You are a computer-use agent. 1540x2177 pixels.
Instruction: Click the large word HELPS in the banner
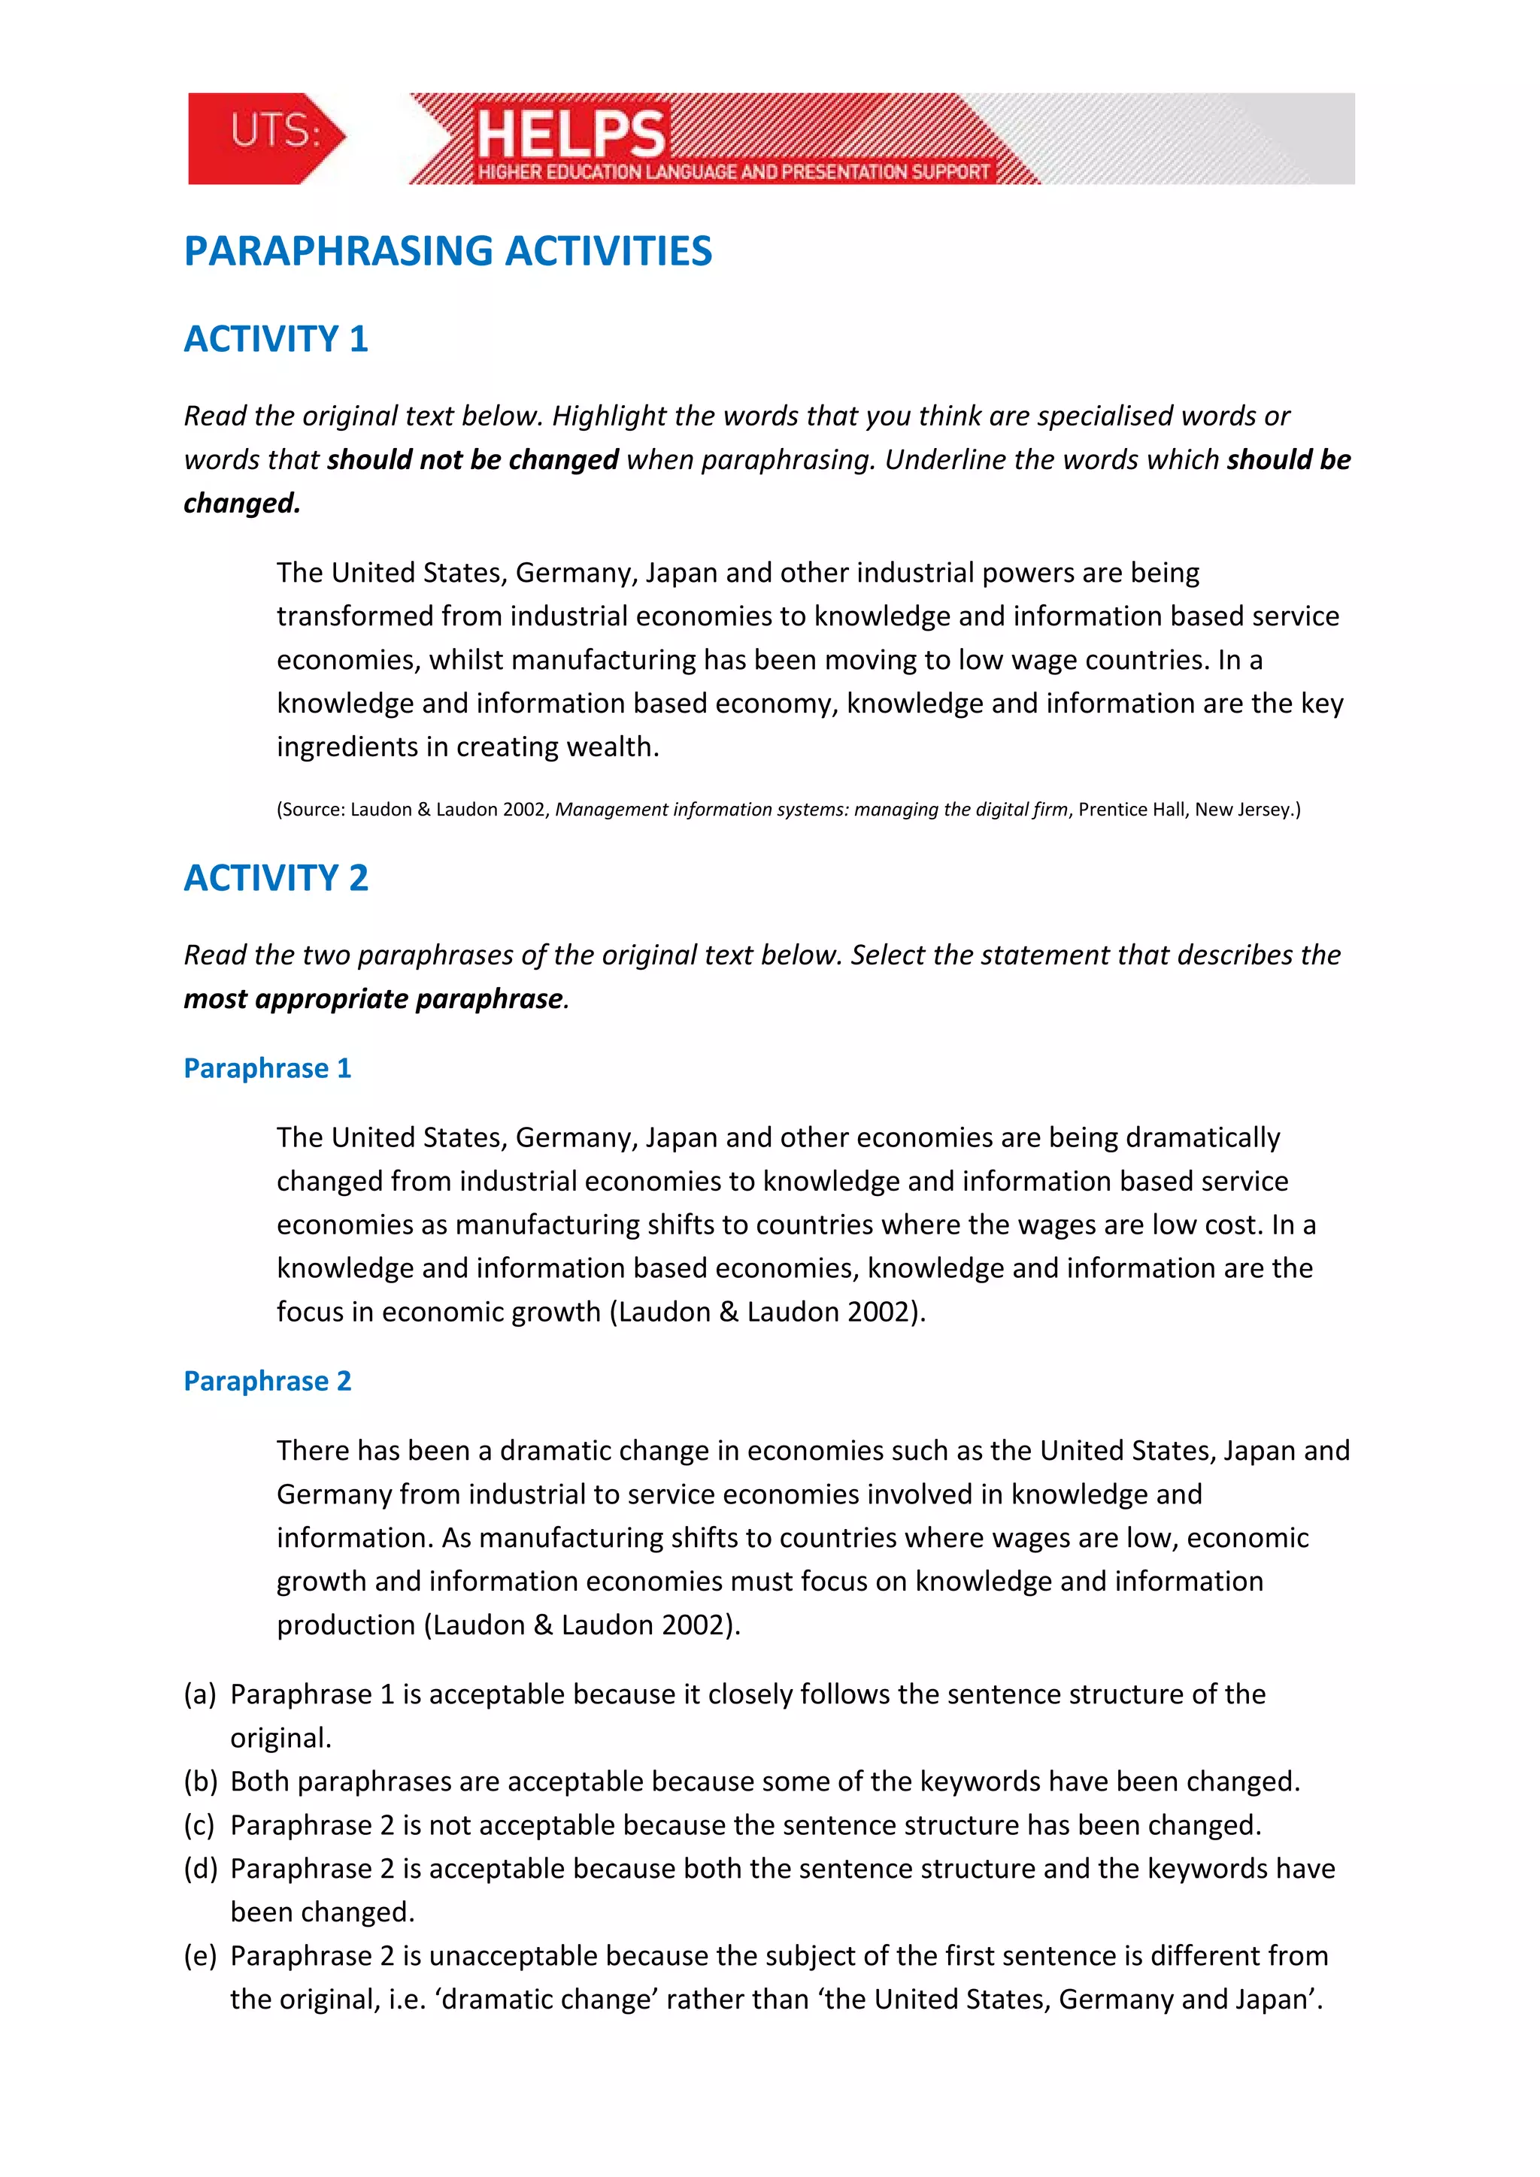coord(570,134)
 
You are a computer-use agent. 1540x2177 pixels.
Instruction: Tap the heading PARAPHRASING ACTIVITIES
coord(447,251)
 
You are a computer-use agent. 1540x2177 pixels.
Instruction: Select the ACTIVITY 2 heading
coord(276,878)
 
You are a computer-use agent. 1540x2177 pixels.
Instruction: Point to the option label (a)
coord(200,1694)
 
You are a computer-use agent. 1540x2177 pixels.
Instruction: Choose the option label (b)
coord(200,1782)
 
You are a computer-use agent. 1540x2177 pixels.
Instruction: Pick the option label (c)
coord(200,1825)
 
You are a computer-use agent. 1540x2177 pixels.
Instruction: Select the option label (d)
coord(200,1869)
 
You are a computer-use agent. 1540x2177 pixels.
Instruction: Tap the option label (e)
coord(200,1956)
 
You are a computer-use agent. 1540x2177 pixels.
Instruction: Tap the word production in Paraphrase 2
coord(346,1625)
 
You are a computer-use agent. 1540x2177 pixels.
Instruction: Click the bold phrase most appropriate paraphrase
coord(374,999)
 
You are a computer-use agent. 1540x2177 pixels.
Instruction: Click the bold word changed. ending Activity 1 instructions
coord(242,504)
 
